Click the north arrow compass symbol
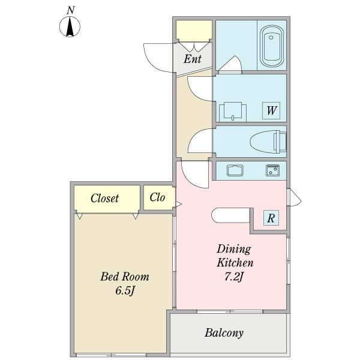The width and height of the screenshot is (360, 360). [70, 26]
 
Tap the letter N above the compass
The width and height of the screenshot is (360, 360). [71, 10]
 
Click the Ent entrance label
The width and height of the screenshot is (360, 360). [193, 59]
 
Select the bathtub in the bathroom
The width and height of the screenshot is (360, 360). [271, 46]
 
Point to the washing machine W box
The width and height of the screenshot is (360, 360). [271, 110]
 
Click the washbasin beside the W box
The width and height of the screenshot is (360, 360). [233, 112]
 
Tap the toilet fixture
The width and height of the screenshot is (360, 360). [268, 142]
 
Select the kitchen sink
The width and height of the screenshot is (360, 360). [235, 170]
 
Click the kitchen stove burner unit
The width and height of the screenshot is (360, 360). [272, 170]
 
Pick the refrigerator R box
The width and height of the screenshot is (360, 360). [271, 218]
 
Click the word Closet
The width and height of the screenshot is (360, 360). [104, 198]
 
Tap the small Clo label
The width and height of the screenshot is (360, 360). [157, 197]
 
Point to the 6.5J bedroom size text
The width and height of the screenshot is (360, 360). [125, 291]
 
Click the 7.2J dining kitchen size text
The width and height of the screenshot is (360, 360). [233, 277]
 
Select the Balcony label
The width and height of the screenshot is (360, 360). [224, 333]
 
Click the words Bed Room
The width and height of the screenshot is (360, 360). [125, 277]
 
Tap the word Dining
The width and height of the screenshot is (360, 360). [234, 250]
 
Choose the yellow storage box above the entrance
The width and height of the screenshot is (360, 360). [194, 29]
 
